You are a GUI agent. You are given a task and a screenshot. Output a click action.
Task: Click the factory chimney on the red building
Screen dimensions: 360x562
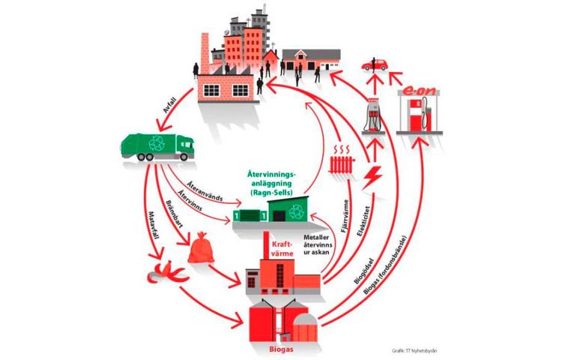[205, 52]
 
